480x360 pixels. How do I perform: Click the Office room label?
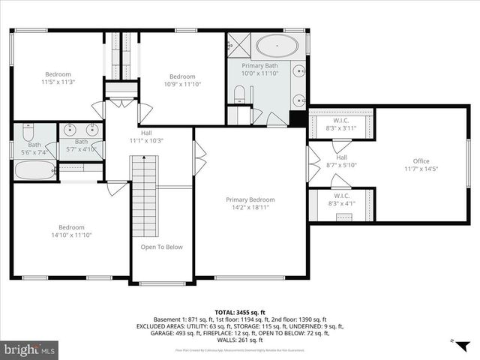(421, 164)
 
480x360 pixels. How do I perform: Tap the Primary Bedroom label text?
(250, 204)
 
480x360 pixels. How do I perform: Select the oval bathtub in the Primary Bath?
(277, 46)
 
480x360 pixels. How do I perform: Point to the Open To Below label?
(161, 247)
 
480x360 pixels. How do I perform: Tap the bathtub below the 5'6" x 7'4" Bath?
(34, 170)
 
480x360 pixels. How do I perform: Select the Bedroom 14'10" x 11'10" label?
(72, 231)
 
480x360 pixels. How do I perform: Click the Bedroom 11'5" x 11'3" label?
(58, 78)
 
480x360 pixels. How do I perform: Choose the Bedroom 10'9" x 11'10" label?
(181, 80)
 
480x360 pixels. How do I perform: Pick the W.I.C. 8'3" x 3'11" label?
(340, 124)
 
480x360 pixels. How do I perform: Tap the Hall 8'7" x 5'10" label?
(341, 161)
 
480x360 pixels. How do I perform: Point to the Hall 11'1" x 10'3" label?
(146, 136)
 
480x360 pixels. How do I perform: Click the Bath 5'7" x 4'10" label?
(81, 145)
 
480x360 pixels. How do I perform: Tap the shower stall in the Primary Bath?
(240, 45)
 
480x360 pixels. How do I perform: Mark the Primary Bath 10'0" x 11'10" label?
(259, 70)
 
